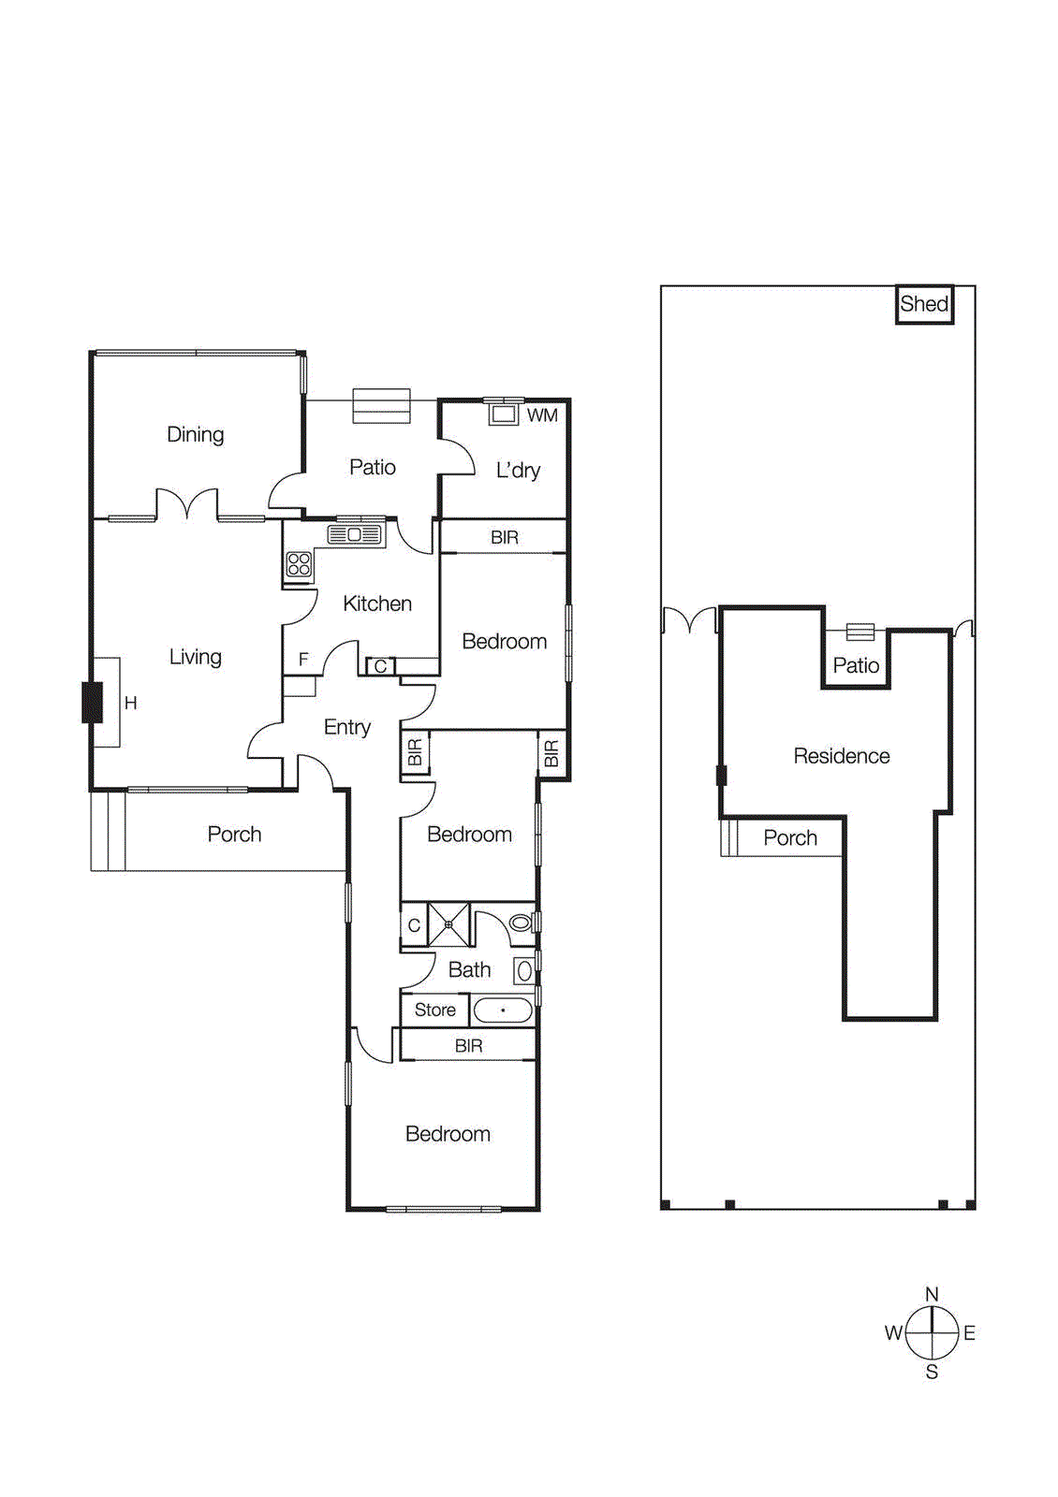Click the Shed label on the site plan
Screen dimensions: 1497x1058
pyautogui.click(x=924, y=304)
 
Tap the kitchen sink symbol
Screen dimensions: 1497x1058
pyautogui.click(x=355, y=534)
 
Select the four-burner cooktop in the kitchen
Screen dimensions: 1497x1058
pyautogui.click(x=299, y=563)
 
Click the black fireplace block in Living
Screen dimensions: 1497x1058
pyautogui.click(x=92, y=703)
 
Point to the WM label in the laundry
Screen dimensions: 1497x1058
pyautogui.click(x=542, y=415)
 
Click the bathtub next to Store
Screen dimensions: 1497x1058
pyautogui.click(x=503, y=1010)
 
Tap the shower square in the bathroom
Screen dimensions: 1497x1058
pyautogui.click(x=448, y=924)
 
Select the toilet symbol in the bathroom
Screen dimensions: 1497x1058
pyautogui.click(x=521, y=923)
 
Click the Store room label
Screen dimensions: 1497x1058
pyautogui.click(x=434, y=1010)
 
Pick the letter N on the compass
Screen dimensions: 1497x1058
pyautogui.click(x=932, y=1294)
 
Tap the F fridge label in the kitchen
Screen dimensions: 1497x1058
pyautogui.click(x=303, y=660)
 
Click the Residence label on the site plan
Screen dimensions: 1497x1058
pyautogui.click(x=841, y=756)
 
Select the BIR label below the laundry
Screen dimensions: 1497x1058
pyautogui.click(x=504, y=538)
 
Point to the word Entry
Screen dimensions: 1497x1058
pyautogui.click(x=346, y=727)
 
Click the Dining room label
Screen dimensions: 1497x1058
pyautogui.click(x=195, y=434)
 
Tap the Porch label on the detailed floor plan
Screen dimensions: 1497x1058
pyautogui.click(x=234, y=835)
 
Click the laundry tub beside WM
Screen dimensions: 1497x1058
pyautogui.click(x=504, y=414)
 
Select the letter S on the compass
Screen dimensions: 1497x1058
pyautogui.click(x=932, y=1373)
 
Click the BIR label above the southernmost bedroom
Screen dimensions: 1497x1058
pyautogui.click(x=468, y=1046)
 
